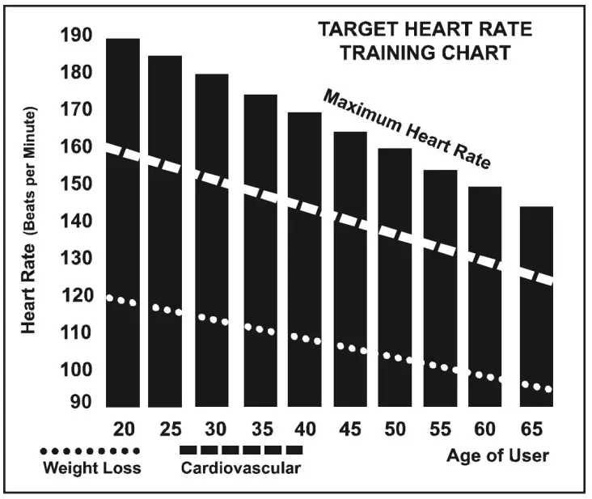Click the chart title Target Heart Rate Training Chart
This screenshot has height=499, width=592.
(x=425, y=41)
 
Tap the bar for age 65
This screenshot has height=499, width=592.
(x=536, y=307)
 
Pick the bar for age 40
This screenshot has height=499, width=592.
(x=305, y=259)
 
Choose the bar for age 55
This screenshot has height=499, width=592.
(x=441, y=287)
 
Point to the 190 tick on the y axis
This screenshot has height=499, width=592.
(x=76, y=36)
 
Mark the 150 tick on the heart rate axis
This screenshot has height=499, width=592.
(x=76, y=184)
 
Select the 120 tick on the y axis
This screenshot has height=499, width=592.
(x=76, y=295)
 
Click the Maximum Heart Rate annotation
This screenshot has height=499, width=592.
(x=407, y=129)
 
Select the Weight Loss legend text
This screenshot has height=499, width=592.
(x=91, y=468)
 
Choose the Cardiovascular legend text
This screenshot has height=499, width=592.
(x=240, y=468)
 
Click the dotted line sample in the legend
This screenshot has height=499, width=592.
(x=91, y=450)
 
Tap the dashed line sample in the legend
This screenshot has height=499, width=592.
(x=240, y=450)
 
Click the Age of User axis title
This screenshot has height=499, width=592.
(x=497, y=456)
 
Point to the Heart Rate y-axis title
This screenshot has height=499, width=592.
(x=31, y=219)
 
